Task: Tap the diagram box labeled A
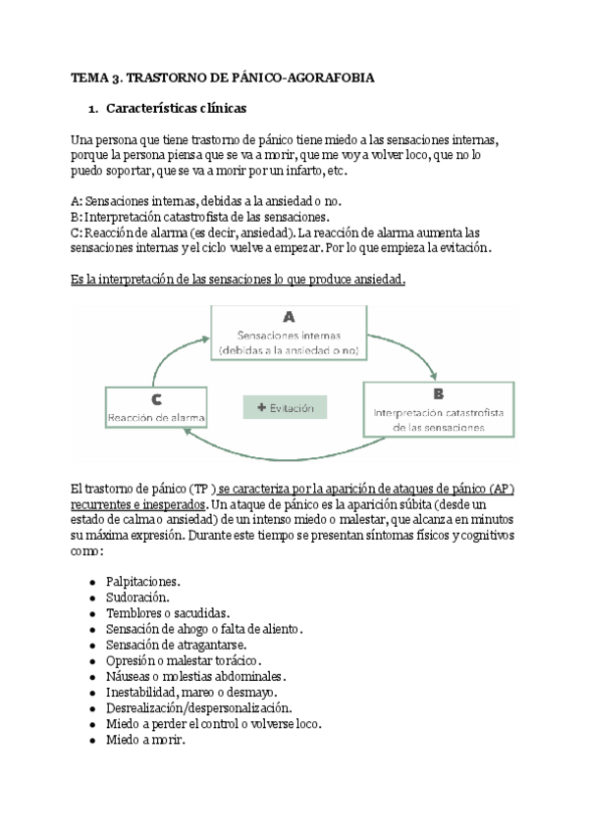(x=289, y=332)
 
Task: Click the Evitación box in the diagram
(x=286, y=406)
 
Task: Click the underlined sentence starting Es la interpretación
(x=239, y=280)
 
